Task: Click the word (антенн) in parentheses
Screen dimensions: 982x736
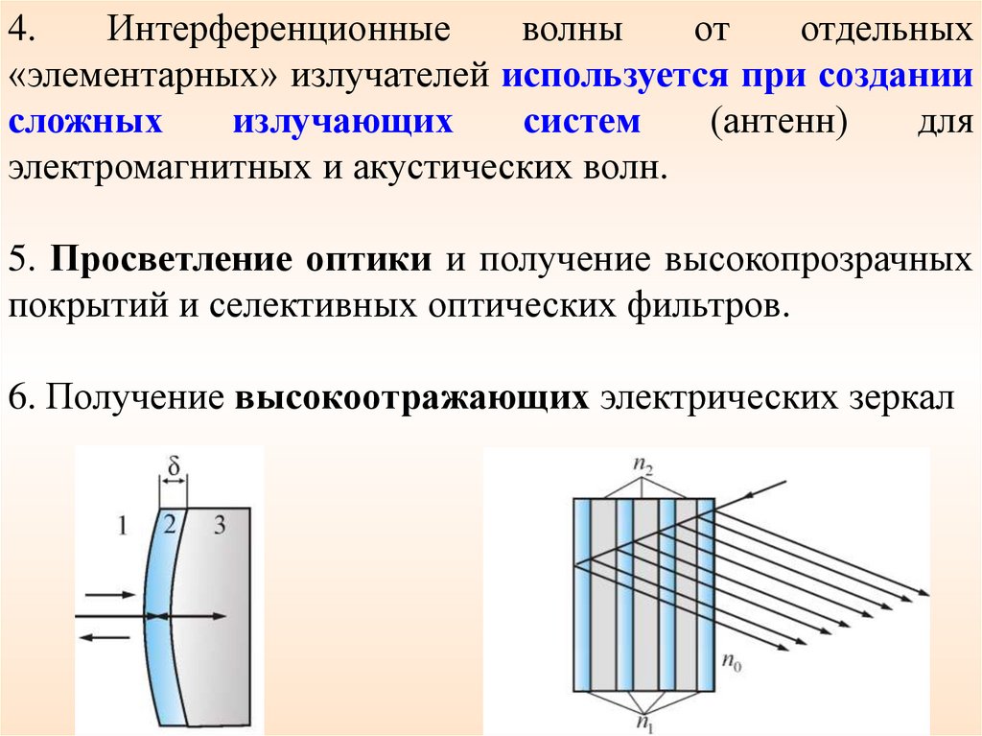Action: tap(772, 124)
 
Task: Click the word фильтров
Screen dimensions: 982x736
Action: tap(696, 309)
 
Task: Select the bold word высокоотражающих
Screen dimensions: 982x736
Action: tap(410, 399)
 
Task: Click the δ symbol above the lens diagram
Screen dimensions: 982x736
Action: tap(174, 468)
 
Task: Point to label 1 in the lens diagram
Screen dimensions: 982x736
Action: tap(121, 525)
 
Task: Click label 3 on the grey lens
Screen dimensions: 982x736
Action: tap(219, 525)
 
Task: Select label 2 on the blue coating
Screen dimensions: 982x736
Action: tap(169, 524)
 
